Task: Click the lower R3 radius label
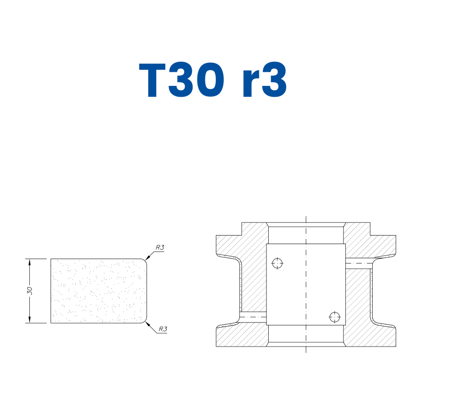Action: (162, 329)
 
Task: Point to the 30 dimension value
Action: (29, 290)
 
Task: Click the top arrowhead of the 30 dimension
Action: (29, 262)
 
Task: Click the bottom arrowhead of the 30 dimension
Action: (29, 321)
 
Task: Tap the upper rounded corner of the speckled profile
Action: (143, 261)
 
